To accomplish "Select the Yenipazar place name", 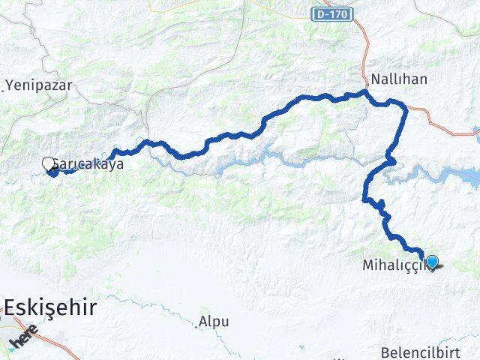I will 39,85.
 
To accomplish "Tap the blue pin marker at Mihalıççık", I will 432,262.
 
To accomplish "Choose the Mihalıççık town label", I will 396,265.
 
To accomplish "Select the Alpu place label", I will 214,322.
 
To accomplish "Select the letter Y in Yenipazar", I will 10,85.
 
